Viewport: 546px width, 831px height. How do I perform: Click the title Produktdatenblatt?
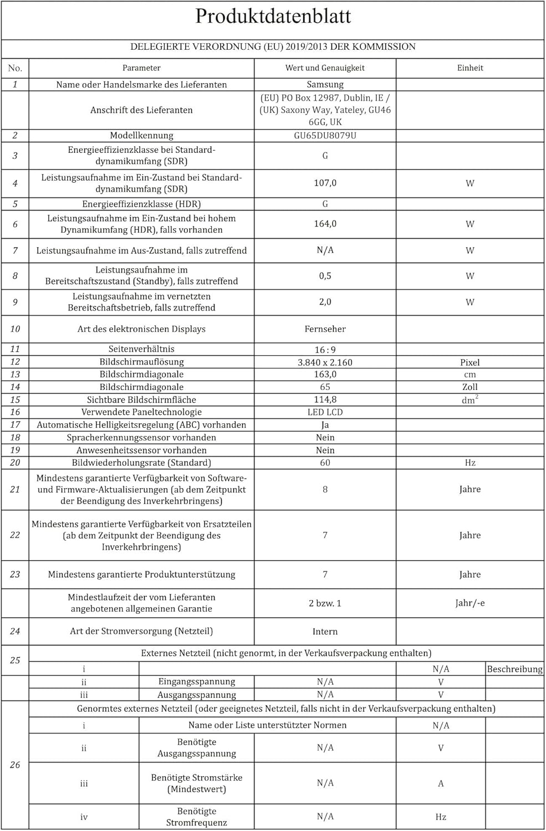click(273, 17)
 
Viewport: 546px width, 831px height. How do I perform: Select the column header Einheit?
click(470, 68)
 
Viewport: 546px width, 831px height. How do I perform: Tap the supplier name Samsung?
click(325, 85)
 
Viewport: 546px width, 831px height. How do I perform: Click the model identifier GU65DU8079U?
click(325, 136)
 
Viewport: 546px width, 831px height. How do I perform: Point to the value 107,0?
click(325, 183)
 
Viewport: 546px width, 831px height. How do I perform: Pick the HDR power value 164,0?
click(325, 224)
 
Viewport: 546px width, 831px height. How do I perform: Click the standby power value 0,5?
click(325, 276)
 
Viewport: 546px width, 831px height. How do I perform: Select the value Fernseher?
click(325, 329)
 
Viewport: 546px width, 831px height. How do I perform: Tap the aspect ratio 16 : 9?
click(325, 350)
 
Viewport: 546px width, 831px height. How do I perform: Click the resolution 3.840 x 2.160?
click(325, 362)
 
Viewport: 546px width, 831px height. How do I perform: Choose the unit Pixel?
click(470, 362)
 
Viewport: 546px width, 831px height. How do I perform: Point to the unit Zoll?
click(470, 387)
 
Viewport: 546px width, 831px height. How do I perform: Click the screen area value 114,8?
click(325, 399)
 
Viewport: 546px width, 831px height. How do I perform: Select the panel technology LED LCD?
click(325, 412)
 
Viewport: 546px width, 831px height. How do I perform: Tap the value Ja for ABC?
click(325, 425)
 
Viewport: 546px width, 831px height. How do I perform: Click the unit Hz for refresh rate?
click(470, 463)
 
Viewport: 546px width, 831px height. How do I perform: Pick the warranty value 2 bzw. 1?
click(325, 603)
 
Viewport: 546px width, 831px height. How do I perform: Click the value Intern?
click(325, 632)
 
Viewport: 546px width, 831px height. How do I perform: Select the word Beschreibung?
click(514, 669)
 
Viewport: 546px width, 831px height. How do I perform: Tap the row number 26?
click(15, 765)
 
